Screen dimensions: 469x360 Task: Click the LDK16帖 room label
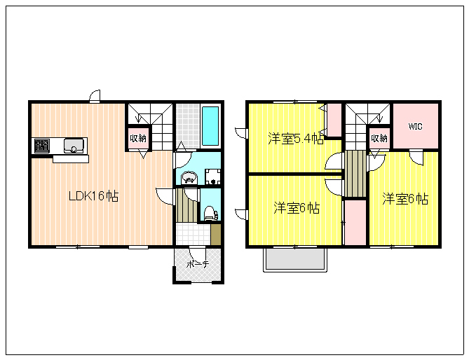pyautogui.click(x=94, y=196)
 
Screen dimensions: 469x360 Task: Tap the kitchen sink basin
pyautogui.click(x=74, y=146)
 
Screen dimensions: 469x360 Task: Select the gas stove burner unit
pyautogui.click(x=42, y=146)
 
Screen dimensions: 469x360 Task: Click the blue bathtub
pyautogui.click(x=210, y=126)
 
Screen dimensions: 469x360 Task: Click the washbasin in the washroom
pyautogui.click(x=189, y=177)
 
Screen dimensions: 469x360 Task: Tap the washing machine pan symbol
pyautogui.click(x=212, y=176)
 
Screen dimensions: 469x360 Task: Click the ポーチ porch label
pyautogui.click(x=198, y=264)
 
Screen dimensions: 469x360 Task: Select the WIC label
pyautogui.click(x=416, y=126)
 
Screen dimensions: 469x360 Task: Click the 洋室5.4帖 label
pyautogui.click(x=296, y=139)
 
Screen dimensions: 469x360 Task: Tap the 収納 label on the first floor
pyautogui.click(x=138, y=138)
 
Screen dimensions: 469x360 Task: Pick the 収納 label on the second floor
pyautogui.click(x=379, y=138)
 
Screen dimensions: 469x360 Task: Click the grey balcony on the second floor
pyautogui.click(x=295, y=258)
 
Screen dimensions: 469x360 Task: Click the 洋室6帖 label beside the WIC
pyautogui.click(x=405, y=199)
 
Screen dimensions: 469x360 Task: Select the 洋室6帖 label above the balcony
pyautogui.click(x=297, y=207)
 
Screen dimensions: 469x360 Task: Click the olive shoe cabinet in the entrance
pyautogui.click(x=216, y=234)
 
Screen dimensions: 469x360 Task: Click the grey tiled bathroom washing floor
pyautogui.click(x=188, y=126)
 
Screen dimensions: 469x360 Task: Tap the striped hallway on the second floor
pyautogui.click(x=355, y=174)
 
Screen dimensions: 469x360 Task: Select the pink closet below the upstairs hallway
pyautogui.click(x=355, y=223)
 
